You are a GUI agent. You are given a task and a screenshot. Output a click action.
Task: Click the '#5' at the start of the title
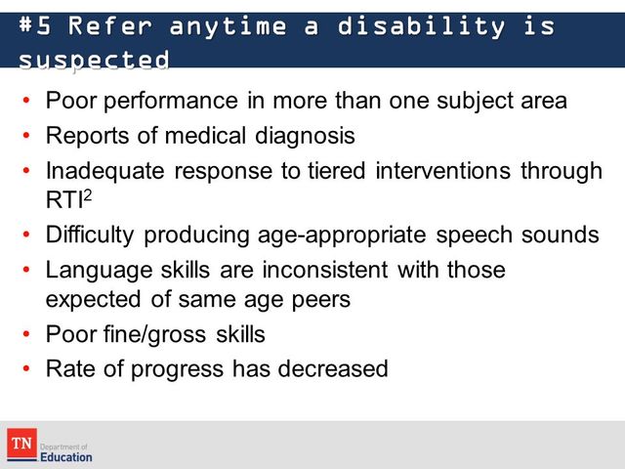(36, 26)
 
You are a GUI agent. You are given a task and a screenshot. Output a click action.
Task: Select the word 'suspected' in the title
(94, 60)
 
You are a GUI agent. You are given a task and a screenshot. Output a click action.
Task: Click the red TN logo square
(21, 445)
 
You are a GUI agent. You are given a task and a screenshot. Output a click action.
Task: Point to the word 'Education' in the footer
(67, 456)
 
